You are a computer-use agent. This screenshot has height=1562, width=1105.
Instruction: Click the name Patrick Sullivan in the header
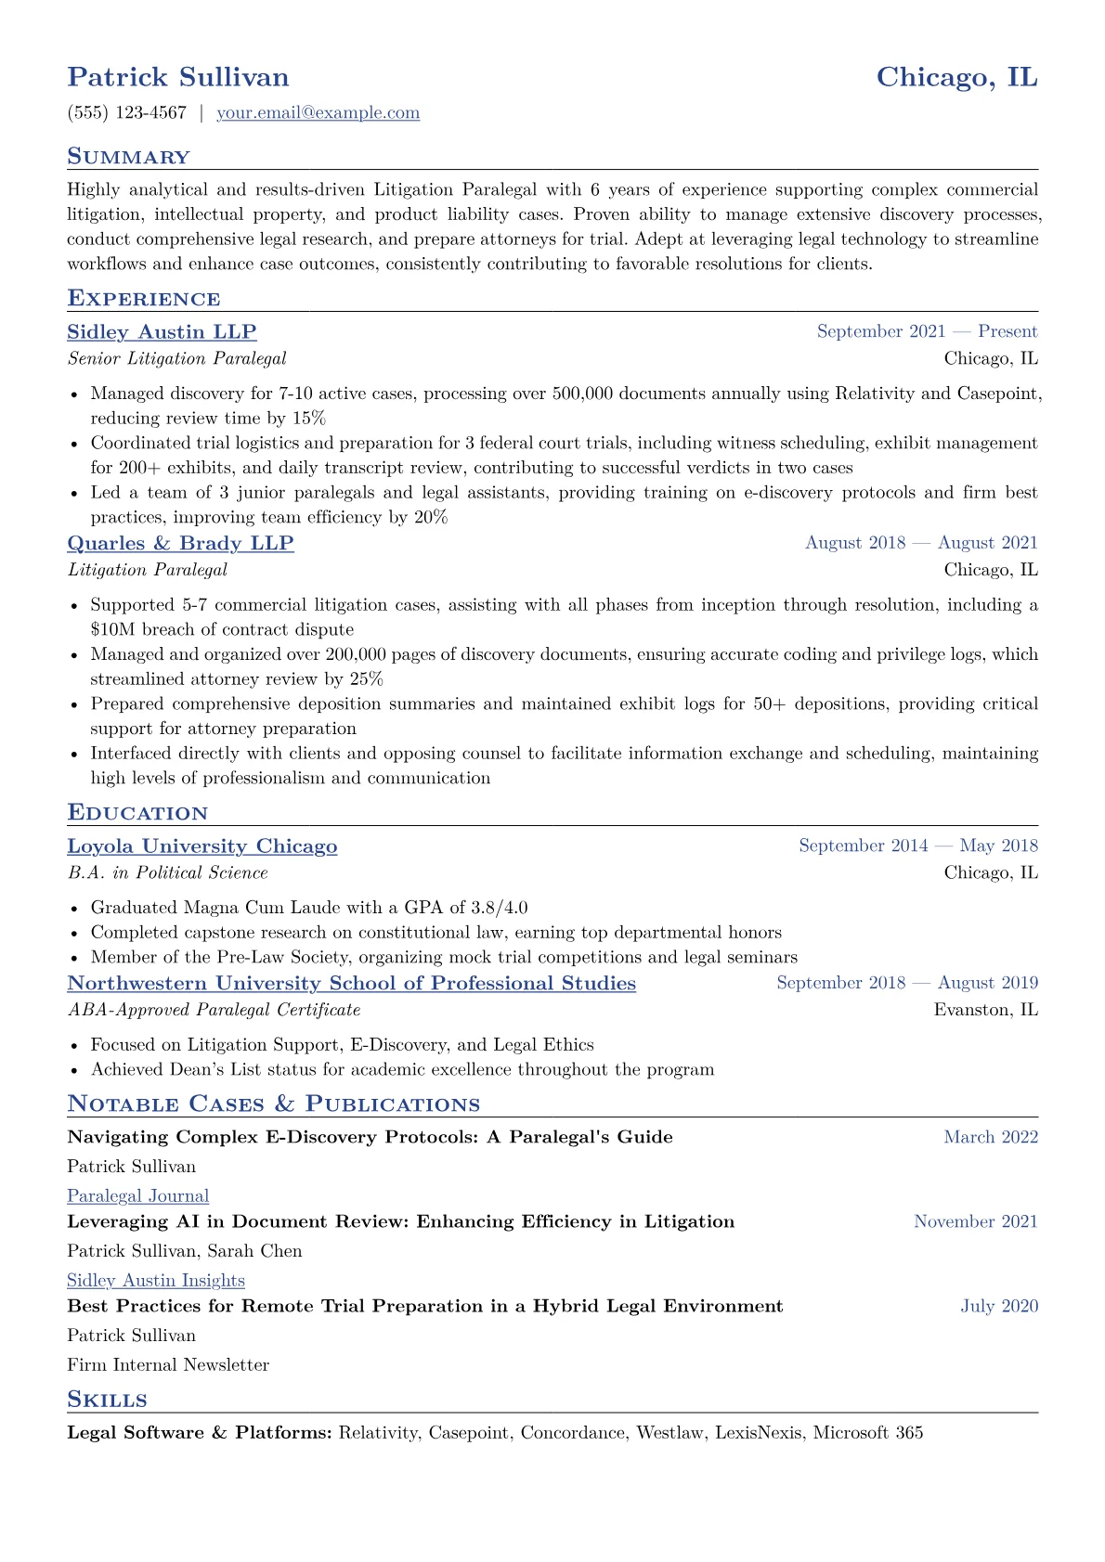178,77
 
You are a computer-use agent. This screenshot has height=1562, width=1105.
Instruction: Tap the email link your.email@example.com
318,113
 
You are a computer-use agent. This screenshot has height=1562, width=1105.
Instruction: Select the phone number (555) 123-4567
127,113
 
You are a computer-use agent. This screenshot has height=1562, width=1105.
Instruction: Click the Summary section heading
128,157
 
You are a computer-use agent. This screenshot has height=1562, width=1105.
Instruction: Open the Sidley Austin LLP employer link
162,332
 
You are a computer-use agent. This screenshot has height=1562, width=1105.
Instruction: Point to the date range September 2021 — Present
927,331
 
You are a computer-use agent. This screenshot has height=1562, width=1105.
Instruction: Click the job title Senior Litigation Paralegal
176,358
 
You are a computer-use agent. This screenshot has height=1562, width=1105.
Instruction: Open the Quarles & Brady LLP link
180,544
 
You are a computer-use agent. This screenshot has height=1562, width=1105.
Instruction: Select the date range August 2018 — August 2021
921,543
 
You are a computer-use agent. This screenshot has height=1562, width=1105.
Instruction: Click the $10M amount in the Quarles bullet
111,629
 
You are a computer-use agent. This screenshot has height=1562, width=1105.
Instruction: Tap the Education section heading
137,813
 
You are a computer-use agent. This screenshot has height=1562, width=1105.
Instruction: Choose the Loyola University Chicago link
202,846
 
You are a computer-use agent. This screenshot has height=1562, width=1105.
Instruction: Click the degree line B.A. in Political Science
167,872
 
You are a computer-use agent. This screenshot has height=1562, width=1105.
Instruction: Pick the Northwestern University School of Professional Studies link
351,984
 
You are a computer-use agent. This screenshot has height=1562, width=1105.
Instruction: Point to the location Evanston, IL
985,1010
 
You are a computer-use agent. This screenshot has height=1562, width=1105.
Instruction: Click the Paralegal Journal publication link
137,1196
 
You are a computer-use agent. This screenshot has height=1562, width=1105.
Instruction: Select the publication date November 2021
975,1221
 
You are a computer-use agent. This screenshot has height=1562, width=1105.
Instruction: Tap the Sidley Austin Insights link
156,1281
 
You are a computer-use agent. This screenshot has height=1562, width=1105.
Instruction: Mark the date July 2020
999,1306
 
